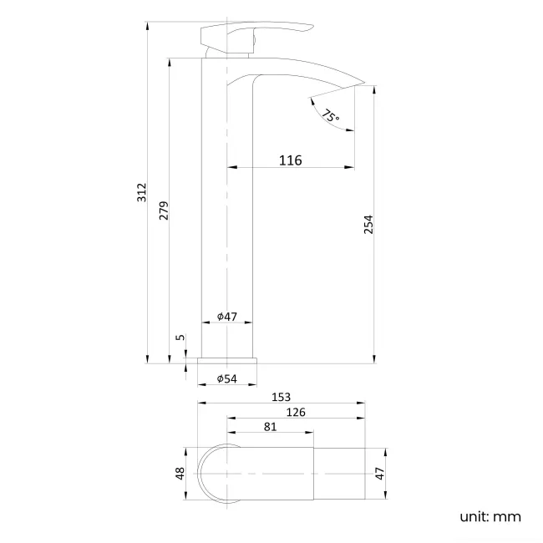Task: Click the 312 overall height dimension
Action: (142, 192)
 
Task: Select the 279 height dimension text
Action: (164, 211)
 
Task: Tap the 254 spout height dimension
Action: (368, 224)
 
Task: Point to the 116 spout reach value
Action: (290, 160)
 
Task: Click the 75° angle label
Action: (331, 116)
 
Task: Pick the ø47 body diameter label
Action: (227, 317)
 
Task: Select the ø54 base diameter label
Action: (227, 378)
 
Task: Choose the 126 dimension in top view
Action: (296, 412)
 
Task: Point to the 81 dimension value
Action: (270, 426)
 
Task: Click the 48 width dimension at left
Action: (179, 473)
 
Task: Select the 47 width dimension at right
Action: (380, 473)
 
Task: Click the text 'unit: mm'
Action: (490, 516)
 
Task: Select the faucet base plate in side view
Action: (227, 361)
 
